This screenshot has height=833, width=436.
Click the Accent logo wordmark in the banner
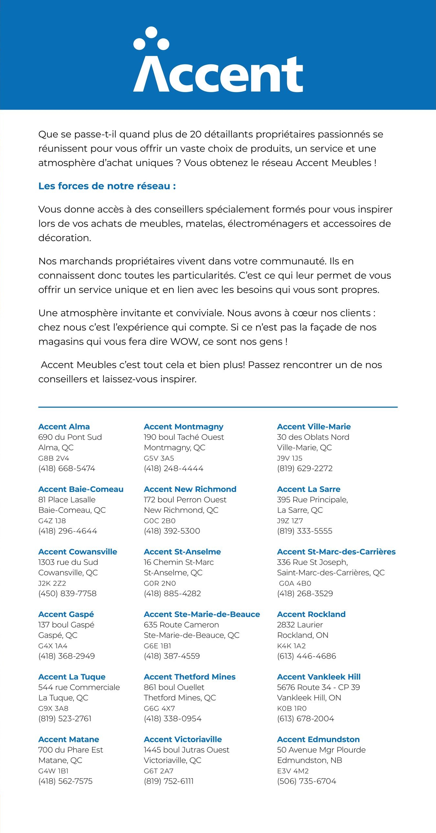(218, 74)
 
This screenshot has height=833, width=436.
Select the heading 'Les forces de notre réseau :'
(107, 186)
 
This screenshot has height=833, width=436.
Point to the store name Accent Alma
(64, 427)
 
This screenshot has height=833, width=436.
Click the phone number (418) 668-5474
(67, 469)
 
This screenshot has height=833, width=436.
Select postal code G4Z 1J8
(52, 521)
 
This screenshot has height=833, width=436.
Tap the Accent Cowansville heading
(78, 552)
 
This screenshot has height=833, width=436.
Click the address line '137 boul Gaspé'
(66, 625)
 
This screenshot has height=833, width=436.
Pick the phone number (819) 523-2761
(65, 718)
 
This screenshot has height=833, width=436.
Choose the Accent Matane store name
(69, 739)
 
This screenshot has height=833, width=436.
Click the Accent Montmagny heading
(184, 427)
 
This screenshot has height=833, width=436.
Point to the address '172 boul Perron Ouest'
(185, 499)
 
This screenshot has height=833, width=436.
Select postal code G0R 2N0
(160, 583)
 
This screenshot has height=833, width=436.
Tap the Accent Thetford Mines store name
(190, 677)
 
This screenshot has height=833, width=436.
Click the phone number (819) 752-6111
(169, 781)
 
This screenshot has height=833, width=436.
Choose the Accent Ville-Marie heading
(314, 427)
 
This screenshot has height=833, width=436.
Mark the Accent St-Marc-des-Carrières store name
(336, 552)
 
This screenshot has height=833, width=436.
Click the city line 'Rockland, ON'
(303, 635)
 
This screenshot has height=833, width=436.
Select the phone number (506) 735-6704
(307, 781)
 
